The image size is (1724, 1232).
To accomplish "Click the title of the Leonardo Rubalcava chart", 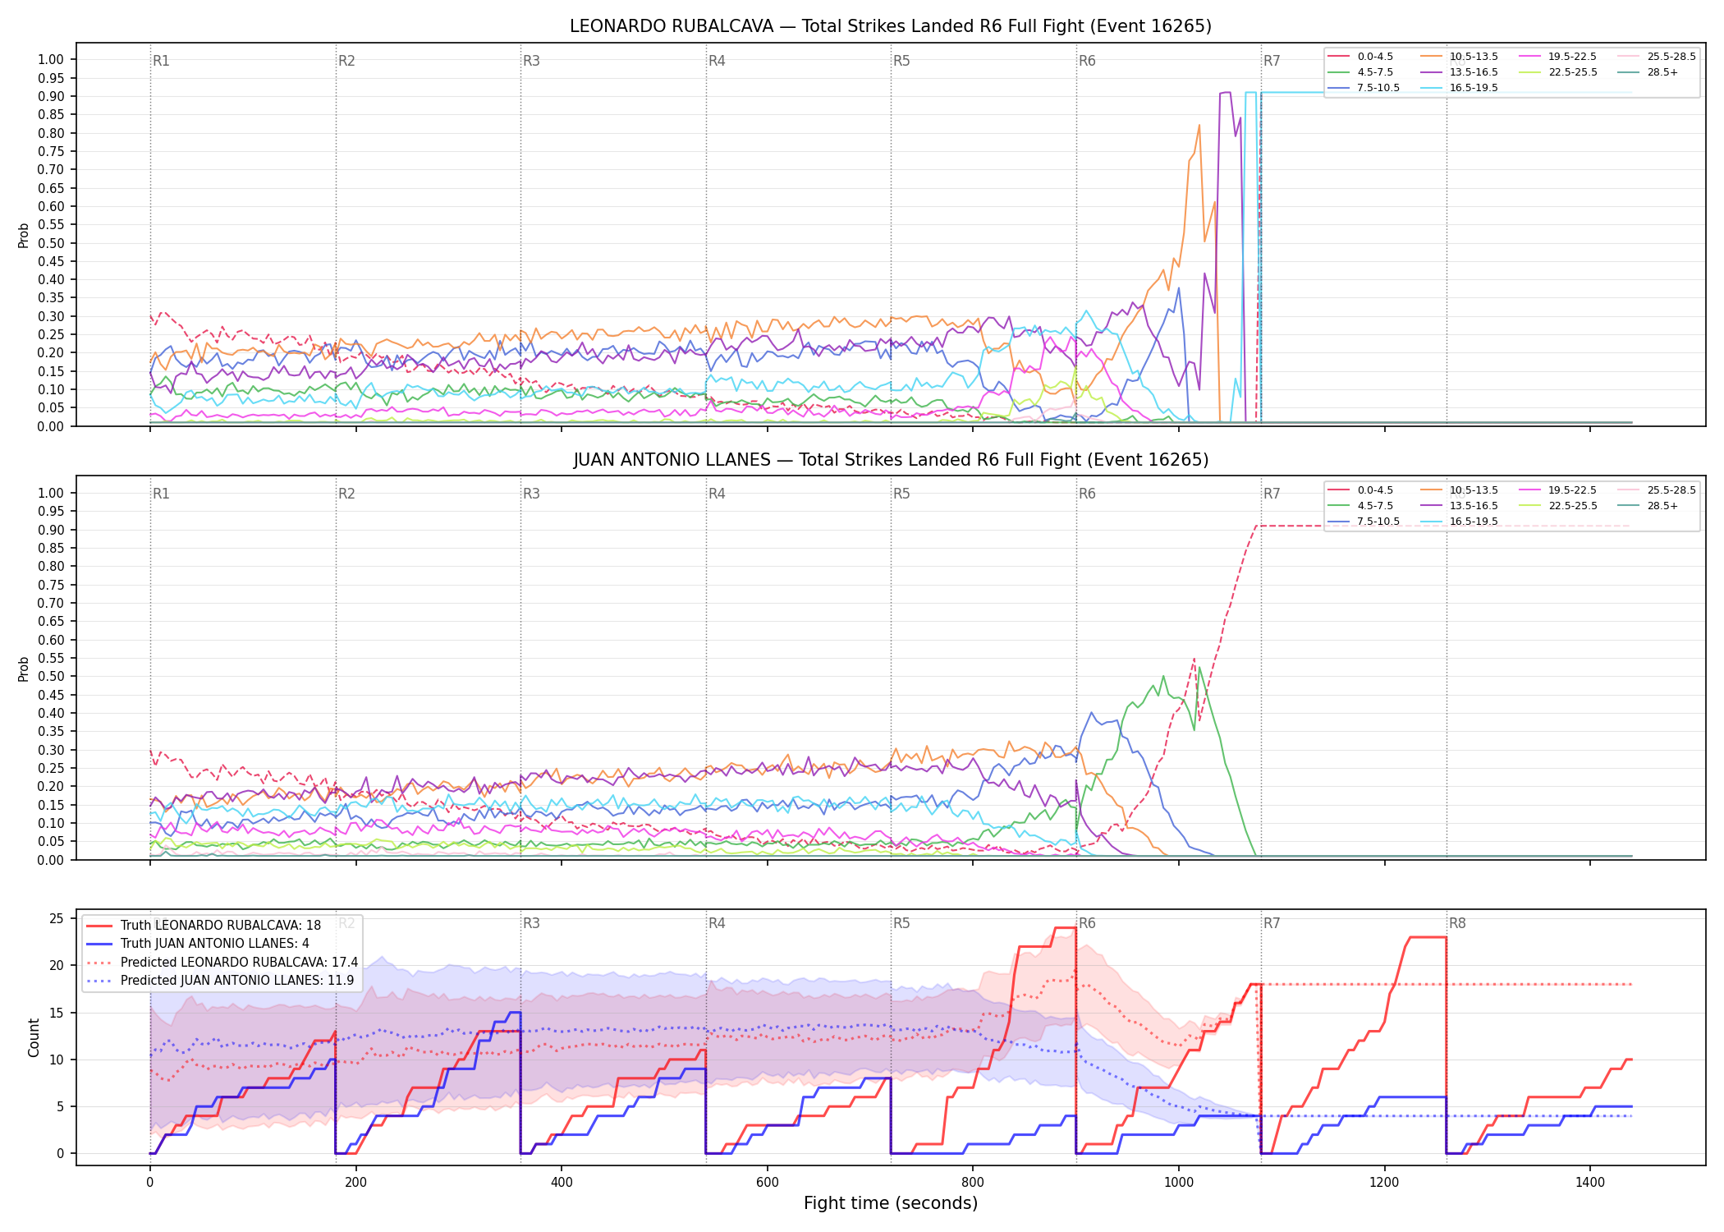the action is click(891, 26).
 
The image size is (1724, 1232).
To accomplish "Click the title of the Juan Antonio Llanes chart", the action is click(891, 460).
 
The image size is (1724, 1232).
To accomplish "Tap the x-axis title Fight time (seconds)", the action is click(891, 1203).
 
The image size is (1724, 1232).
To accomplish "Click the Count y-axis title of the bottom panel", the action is click(34, 1037).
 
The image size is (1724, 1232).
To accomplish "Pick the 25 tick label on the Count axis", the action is click(57, 919).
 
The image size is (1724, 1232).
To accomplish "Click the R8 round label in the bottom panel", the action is click(1457, 923).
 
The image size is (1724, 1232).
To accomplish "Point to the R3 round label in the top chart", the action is click(531, 61).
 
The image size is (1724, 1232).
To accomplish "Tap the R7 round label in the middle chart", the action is click(1272, 494).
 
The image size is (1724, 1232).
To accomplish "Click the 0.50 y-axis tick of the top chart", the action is click(51, 243).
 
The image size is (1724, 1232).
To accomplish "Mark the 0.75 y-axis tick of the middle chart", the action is click(51, 585).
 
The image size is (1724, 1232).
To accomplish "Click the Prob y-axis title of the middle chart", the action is click(23, 669).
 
